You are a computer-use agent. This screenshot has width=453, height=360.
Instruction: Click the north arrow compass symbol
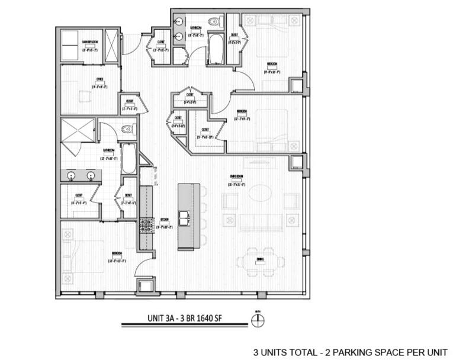258,321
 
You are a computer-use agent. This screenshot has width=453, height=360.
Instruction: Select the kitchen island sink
185,217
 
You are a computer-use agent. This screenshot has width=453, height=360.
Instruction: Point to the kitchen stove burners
146,225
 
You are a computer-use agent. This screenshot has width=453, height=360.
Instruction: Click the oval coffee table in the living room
261,193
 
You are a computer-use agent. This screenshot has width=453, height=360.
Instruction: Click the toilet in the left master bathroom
126,129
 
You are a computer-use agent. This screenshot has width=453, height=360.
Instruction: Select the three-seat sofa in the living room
260,222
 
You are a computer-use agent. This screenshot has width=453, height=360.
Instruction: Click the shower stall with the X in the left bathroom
78,130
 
